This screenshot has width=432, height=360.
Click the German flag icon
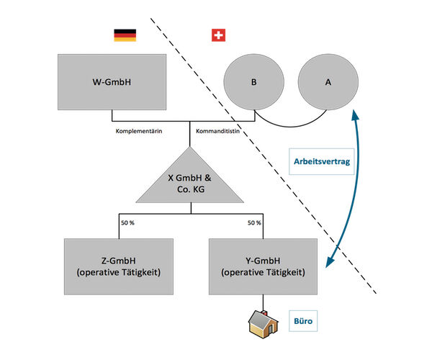tap(125, 35)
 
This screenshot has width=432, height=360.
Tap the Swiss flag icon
tap(217, 35)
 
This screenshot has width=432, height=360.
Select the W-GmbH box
tap(112, 82)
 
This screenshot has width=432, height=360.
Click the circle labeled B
tap(253, 82)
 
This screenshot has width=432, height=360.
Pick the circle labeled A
tap(328, 82)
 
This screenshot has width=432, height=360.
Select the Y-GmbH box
tap(263, 266)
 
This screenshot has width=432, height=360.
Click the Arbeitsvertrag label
tap(321, 162)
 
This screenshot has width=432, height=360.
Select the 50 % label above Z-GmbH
tap(127, 223)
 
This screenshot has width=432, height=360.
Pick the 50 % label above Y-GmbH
tap(254, 223)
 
